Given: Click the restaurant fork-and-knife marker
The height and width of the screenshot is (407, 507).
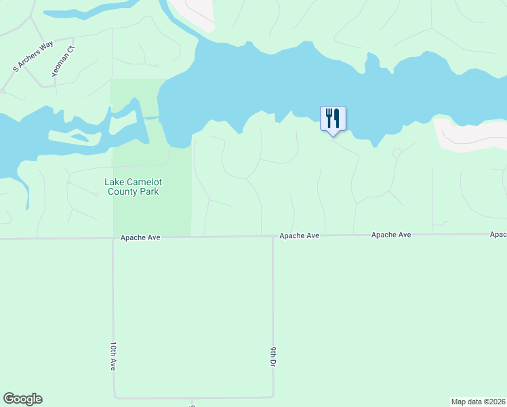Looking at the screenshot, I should [333, 119].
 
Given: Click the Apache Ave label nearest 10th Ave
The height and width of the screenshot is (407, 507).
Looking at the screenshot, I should [140, 238].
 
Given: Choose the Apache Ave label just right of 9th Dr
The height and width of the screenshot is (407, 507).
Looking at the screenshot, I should [299, 236].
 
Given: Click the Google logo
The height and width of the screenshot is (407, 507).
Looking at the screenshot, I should [22, 399].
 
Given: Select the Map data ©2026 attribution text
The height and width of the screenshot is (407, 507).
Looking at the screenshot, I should [478, 402].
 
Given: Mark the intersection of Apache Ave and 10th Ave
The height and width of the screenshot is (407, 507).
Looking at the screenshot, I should [113, 238].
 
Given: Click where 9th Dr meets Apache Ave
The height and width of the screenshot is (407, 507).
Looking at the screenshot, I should [272, 237].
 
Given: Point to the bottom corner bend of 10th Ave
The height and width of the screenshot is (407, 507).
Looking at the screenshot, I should [115, 398].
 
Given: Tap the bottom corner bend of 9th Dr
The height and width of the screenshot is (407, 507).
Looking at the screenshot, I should [273, 396].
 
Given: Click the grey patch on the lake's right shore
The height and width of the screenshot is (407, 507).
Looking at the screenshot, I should [468, 134].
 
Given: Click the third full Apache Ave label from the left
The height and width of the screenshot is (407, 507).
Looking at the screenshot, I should [391, 235].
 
